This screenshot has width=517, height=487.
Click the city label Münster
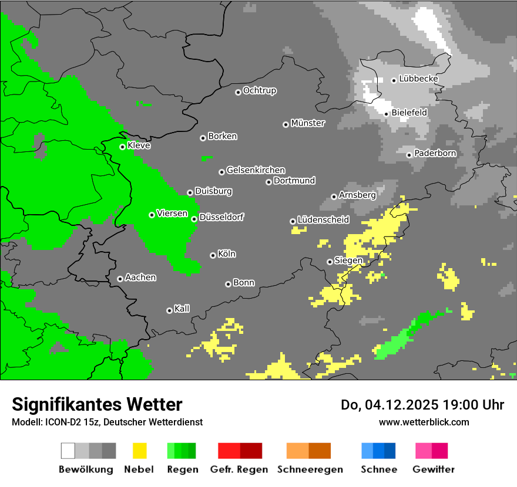[x=308, y=123]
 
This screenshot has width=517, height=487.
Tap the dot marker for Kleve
[x=122, y=147]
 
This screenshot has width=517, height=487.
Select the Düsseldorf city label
[x=221, y=217]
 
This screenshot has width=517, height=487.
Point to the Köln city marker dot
[x=213, y=255]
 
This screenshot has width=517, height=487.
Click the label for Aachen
[x=140, y=278]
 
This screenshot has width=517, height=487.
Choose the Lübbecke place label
[x=418, y=79]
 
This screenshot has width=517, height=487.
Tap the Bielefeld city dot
[x=386, y=114]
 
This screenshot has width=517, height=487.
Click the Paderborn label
[x=435, y=153]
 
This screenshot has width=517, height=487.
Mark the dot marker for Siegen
[x=330, y=262]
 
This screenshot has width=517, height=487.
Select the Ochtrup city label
[x=259, y=91]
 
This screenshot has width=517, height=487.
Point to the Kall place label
[x=182, y=309]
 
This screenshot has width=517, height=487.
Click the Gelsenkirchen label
[x=256, y=170]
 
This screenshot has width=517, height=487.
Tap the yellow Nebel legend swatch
[x=139, y=451]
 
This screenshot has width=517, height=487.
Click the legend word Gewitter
[x=433, y=469]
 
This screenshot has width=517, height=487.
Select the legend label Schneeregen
[x=310, y=469]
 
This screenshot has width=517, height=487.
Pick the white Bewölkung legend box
[x=68, y=451]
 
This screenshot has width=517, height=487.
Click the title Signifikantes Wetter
[x=97, y=404]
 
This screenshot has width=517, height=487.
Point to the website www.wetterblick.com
[x=424, y=422]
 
